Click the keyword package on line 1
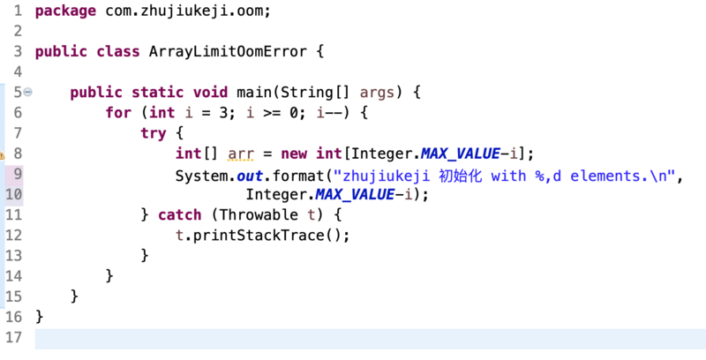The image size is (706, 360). coord(65,13)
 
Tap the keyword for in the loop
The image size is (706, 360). coord(118,113)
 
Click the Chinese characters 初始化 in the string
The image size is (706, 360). coord(464,175)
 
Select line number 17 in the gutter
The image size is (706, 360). coord(12,338)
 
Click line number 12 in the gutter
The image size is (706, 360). coord(12,236)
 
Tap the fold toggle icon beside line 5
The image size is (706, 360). coord(28,92)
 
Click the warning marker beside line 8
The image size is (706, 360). coord(3,154)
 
